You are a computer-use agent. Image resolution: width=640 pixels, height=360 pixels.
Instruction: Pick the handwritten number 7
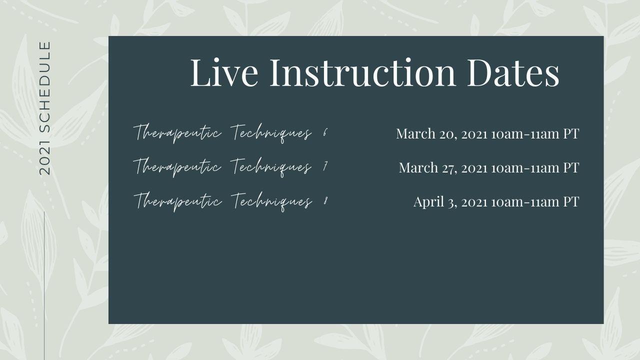point(325,166)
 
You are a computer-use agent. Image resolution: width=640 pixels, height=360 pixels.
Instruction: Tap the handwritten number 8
point(325,201)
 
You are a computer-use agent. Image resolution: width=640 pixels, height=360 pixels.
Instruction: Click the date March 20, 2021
point(441,134)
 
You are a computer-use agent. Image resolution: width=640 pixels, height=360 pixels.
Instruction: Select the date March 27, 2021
point(443,167)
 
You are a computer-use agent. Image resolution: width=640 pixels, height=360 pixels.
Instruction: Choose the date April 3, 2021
point(450,202)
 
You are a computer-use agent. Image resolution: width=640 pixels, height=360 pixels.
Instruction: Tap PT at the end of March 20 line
point(571,133)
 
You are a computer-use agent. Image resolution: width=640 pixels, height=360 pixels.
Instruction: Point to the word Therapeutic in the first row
point(177,133)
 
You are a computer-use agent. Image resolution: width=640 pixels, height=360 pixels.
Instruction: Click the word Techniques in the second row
point(270,167)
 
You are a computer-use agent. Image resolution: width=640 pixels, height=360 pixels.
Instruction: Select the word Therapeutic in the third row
point(177,201)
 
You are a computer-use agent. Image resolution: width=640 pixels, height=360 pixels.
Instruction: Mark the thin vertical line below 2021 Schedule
point(44,285)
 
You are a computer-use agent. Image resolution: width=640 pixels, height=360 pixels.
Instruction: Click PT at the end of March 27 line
point(571,167)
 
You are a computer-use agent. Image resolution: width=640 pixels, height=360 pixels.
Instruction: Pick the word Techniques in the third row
point(271,201)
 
